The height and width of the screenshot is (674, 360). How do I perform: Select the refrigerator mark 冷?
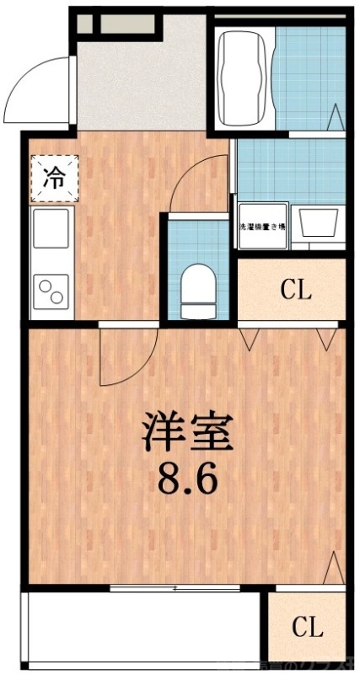[x=53, y=178]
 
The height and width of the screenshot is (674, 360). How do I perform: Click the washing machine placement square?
[x=262, y=227]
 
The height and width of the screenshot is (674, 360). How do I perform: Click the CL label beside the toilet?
[x=296, y=292]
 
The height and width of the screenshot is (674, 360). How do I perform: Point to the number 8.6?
[x=188, y=480]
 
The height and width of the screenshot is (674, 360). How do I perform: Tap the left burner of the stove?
[x=44, y=291]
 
